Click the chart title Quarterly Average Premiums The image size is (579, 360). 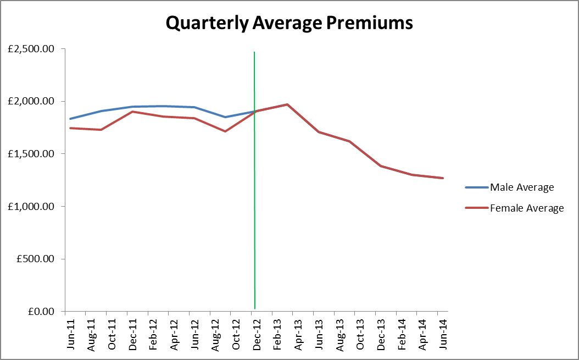[289, 23]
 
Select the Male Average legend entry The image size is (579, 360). [522, 187]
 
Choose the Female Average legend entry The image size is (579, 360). [527, 208]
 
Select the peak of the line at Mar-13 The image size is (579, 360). [287, 104]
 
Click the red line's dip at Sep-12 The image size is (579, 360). [225, 131]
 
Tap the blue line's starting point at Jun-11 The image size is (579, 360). [70, 119]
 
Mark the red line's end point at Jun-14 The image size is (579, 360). [442, 178]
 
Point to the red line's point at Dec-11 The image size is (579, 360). [132, 112]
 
